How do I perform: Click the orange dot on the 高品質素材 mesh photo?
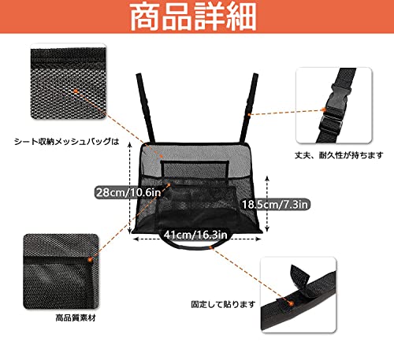coord(92,258)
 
